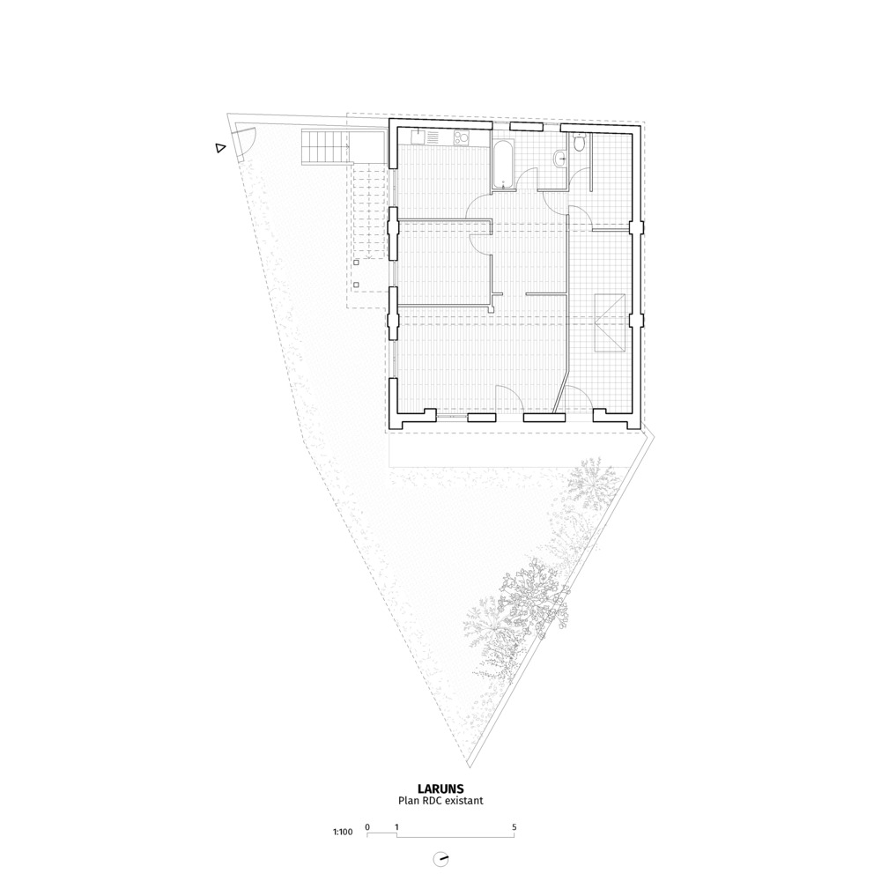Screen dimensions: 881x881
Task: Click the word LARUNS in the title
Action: pos(440,788)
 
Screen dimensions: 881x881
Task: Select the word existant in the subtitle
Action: pos(463,801)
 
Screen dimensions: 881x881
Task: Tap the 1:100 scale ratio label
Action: pos(343,832)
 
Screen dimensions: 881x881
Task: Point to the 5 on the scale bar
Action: pos(515,827)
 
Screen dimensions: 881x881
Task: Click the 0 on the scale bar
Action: pos(367,827)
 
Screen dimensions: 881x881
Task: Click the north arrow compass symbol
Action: pos(440,860)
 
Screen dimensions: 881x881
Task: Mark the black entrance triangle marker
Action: pos(220,148)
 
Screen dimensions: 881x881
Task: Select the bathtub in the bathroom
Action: pos(502,164)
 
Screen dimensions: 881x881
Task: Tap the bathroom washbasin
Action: pos(560,159)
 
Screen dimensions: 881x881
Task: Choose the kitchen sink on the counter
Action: pos(418,137)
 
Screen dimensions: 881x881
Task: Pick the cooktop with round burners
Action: pos(463,137)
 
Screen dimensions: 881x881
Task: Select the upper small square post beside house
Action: pos(356,262)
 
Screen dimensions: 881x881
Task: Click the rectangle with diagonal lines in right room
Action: pos(610,322)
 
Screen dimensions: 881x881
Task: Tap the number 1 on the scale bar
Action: pos(396,827)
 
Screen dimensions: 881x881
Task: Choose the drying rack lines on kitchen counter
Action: pos(433,137)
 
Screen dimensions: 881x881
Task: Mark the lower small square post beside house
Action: pos(356,285)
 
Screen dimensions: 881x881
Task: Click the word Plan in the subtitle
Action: pos(408,801)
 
